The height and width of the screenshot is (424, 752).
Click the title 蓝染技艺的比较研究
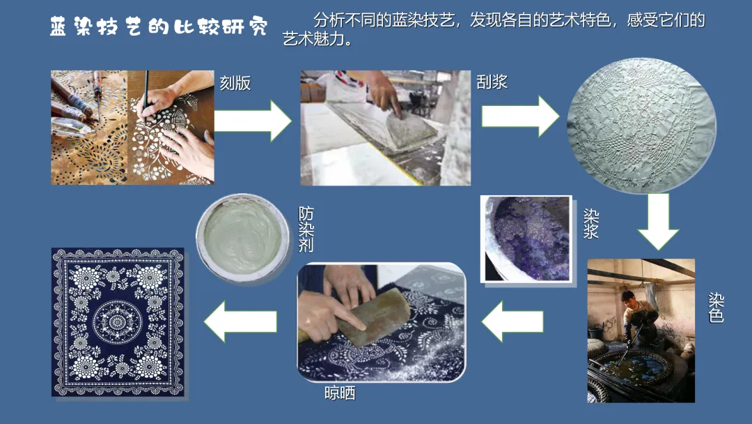tap(158, 27)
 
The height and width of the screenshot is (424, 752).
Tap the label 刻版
tap(235, 83)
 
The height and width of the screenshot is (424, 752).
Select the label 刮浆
tap(492, 82)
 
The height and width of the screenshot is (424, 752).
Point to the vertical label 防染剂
tap(306, 229)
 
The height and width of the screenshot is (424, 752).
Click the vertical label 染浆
tap(590, 223)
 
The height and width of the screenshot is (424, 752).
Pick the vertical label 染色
tap(716, 308)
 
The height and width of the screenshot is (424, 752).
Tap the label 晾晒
tap(340, 393)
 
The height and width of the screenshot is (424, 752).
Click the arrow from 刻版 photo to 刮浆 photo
tap(253, 121)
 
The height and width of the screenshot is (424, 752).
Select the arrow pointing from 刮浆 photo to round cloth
tap(520, 116)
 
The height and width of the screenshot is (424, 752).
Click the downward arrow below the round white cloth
tap(658, 221)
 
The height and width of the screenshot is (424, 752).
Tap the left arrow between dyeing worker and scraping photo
tap(512, 321)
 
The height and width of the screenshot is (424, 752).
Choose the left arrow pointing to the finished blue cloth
tap(240, 321)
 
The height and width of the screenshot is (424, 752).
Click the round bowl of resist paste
tap(243, 238)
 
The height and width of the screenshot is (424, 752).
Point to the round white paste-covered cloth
tap(642, 125)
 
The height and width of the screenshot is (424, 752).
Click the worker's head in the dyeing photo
tap(628, 298)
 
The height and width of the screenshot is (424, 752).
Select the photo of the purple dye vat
tap(526, 238)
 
